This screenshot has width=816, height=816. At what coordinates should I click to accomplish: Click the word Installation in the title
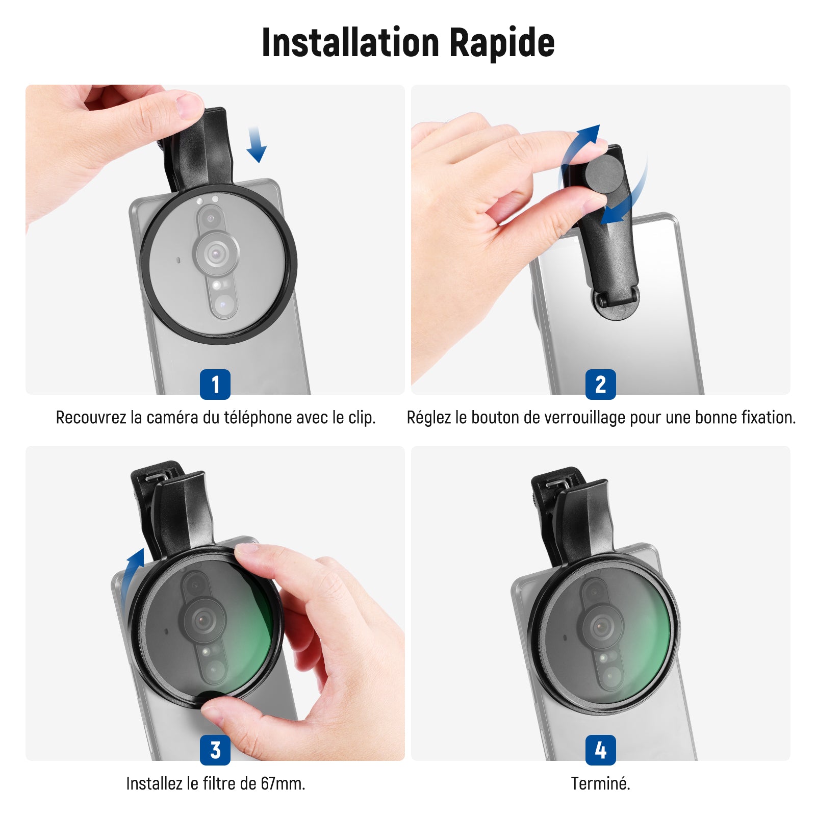click(350, 42)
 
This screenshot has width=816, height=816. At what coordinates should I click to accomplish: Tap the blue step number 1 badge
click(215, 385)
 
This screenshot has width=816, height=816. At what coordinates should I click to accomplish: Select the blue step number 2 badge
click(601, 385)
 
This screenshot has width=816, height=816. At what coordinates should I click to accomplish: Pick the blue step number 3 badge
click(215, 750)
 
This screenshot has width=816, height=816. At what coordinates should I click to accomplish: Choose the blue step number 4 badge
click(601, 750)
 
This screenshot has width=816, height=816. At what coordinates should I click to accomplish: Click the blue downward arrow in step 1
click(256, 145)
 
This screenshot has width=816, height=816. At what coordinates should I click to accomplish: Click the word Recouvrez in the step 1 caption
click(91, 418)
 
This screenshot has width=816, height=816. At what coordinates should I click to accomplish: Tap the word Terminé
click(600, 783)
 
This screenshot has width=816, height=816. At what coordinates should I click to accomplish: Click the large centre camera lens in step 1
click(216, 252)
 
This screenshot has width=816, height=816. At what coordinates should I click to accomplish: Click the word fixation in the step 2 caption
click(768, 418)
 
